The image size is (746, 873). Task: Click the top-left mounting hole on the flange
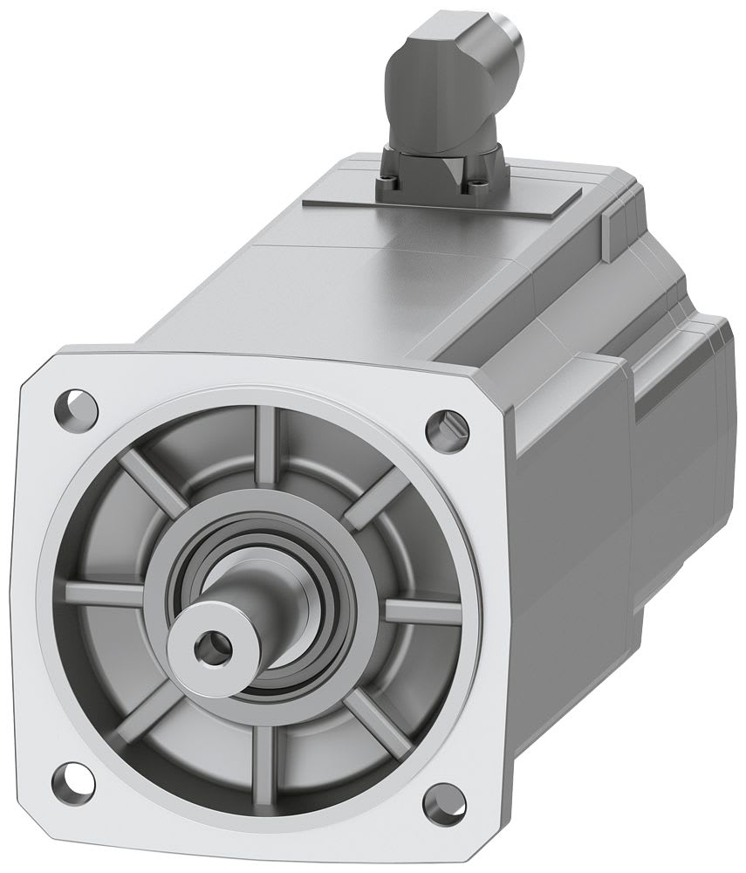coord(76,406)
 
